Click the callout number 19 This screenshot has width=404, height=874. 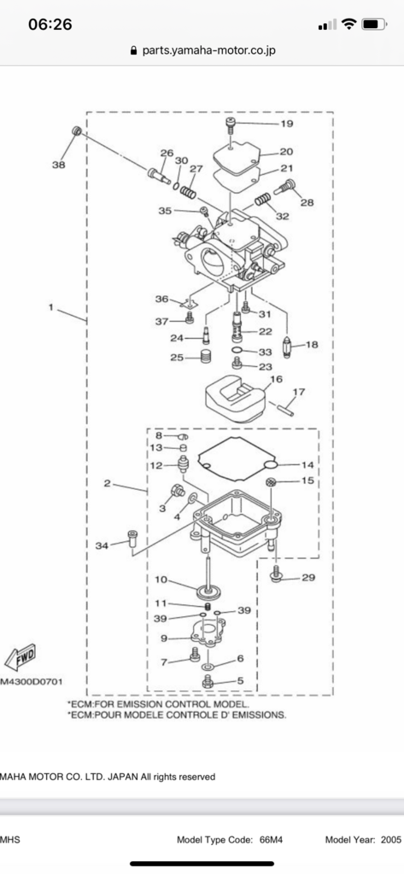pos(287,124)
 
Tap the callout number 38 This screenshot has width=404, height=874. pos(58,166)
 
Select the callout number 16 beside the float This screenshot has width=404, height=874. pos(276,378)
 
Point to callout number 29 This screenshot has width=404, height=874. pos(307,578)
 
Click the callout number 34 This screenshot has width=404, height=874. pos(102,545)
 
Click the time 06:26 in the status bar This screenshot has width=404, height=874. pos(50,25)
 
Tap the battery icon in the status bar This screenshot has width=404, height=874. pos(374,25)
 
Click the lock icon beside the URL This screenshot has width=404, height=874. pos(132,50)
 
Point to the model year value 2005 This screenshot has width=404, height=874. pos(389,840)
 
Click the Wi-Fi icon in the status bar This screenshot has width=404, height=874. pos(348,25)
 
